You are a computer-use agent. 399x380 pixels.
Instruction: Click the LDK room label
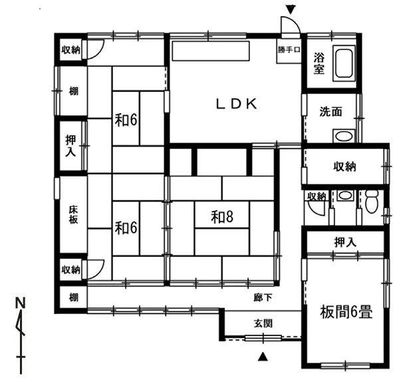tap(236, 104)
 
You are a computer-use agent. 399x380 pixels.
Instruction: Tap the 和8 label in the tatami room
tap(222, 217)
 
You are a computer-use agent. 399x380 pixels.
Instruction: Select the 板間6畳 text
tap(346, 312)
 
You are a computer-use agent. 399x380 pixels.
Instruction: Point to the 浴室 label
tap(319, 63)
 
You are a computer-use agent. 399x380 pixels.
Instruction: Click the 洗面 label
tap(331, 112)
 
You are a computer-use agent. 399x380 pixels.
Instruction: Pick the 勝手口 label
tap(289, 50)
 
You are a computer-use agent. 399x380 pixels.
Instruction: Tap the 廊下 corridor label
tap(263, 297)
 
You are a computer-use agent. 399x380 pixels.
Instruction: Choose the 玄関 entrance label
tap(263, 323)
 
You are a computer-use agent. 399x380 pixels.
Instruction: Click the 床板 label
tap(73, 215)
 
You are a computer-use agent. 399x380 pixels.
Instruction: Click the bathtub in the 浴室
tap(344, 64)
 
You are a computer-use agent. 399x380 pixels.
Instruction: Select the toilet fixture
tap(372, 201)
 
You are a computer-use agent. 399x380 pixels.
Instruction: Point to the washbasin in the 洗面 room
tap(344, 136)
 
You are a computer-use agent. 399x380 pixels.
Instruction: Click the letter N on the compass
tap(21, 303)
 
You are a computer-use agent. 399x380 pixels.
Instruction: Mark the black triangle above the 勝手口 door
tap(291, 10)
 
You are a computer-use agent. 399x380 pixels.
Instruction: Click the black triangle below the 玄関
tap(263, 357)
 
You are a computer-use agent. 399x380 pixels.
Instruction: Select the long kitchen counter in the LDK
tap(211, 51)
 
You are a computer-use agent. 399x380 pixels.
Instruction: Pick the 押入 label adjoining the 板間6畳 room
tap(345, 242)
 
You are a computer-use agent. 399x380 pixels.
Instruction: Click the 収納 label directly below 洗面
tap(344, 166)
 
